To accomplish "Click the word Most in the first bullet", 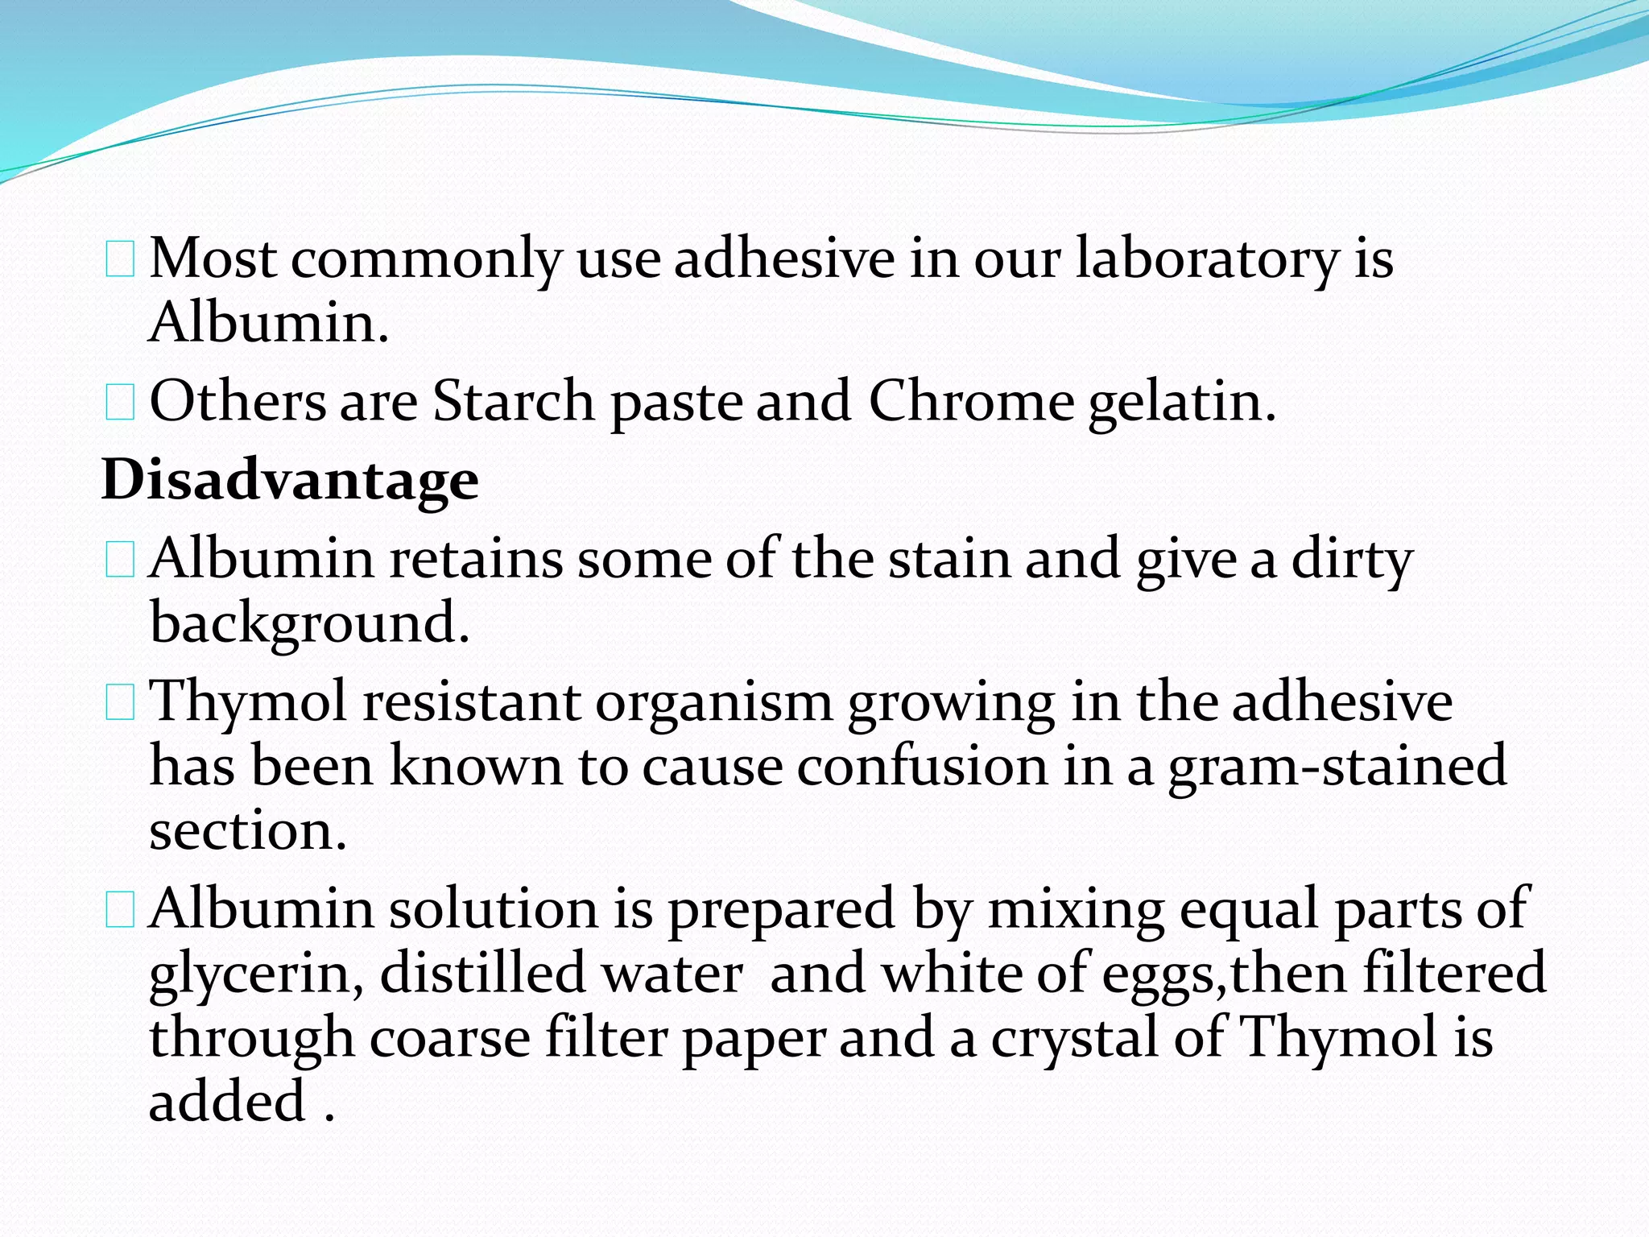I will pos(213,259).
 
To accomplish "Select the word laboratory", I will pos(1207,259).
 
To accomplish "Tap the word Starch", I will pos(514,401).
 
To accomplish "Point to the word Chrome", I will pos(971,401).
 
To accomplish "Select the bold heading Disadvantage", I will pos(290,480).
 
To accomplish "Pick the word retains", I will pos(476,558).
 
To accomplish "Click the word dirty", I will pos(1352,560).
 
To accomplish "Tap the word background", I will pos(310,624).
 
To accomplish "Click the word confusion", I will pos(923,766).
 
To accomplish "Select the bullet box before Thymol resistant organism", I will pos(120,703).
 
